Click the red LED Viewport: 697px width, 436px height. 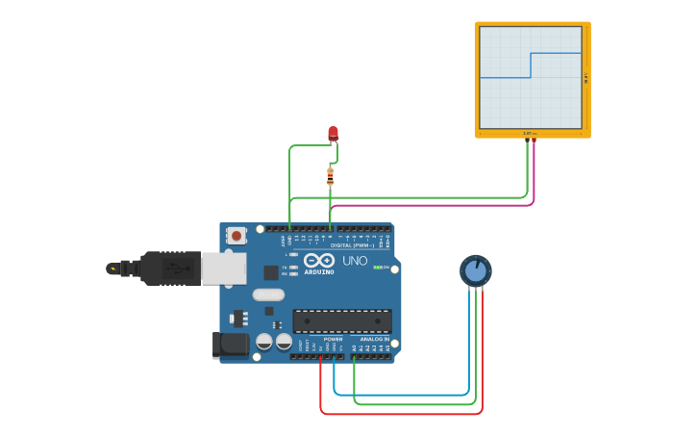pos(333,133)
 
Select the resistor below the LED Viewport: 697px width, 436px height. pos(330,175)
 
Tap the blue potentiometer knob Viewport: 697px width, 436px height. pos(475,270)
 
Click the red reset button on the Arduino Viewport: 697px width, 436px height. pos(236,235)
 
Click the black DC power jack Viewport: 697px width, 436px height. pos(231,344)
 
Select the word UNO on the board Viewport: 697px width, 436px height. pos(355,261)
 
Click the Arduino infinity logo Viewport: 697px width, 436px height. pos(318,261)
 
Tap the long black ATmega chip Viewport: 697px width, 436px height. pos(342,321)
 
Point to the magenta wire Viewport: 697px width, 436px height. pos(433,205)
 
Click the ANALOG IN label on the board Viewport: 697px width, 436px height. pos(375,340)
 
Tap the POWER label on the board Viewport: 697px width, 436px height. pos(333,340)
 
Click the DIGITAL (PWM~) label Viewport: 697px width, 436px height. pos(350,245)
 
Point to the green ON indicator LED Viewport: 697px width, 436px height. pos(378,267)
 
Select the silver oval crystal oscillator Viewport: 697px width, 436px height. pos(269,295)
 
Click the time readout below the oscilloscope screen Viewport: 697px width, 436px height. pos(530,133)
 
